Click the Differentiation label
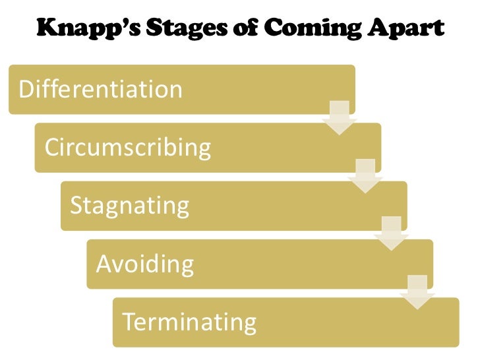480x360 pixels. click(101, 89)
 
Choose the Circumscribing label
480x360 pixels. click(127, 147)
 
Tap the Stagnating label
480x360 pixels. click(129, 206)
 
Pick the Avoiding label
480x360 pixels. click(145, 264)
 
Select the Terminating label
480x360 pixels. click(189, 322)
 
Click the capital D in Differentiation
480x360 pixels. click(26, 89)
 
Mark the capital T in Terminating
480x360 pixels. click(129, 322)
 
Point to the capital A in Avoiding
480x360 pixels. click(104, 264)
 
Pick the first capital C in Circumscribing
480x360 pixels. click(51, 147)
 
